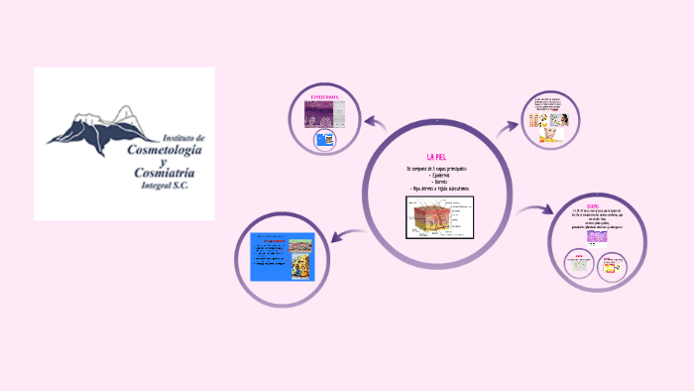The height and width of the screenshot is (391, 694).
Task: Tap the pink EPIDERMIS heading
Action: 324,97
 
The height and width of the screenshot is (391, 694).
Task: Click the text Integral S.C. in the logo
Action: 169,187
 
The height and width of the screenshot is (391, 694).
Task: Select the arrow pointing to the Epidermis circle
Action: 375,124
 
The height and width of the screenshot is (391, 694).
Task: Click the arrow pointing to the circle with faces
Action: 508,125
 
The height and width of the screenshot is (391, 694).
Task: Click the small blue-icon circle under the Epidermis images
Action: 323,140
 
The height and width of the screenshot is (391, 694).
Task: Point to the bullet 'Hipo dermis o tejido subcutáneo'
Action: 439,189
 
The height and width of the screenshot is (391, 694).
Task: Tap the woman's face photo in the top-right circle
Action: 561,119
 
